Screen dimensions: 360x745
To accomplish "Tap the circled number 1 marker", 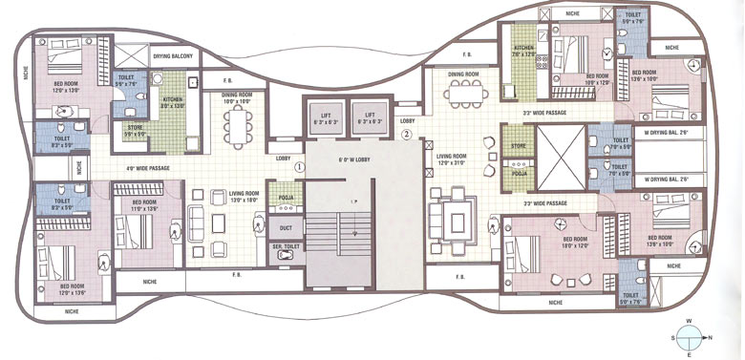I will point(299,165).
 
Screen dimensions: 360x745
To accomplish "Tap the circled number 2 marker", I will point(407,135).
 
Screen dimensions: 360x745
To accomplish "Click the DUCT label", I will point(285,228).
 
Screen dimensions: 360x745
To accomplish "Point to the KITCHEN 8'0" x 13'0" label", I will point(172,102).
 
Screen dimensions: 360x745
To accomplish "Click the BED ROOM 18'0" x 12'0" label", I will point(574,242).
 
